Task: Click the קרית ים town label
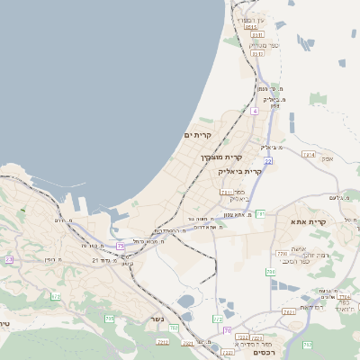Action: tap(197, 135)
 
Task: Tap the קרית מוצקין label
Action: tap(222, 157)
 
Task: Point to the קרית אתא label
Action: tap(308, 220)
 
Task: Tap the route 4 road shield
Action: tap(255, 111)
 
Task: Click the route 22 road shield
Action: tap(267, 161)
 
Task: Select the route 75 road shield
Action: tap(121, 245)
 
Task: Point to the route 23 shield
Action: tap(9, 259)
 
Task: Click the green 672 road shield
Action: tap(56, 296)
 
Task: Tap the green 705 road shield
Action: tap(110, 319)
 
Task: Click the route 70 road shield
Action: tap(227, 330)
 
